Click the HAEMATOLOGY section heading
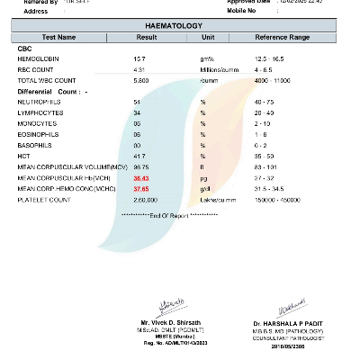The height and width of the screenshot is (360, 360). pos(180,27)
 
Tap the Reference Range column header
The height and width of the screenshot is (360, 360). pos(282,39)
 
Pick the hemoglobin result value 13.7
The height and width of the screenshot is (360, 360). pos(139,58)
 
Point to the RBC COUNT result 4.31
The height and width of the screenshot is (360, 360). pos(139,68)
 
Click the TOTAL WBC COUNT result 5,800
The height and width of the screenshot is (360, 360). pos(140,79)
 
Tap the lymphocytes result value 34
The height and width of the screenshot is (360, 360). pos(137,113)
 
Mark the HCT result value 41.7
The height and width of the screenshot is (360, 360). pos(139,157)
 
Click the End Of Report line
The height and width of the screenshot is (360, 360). pos(169,216)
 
